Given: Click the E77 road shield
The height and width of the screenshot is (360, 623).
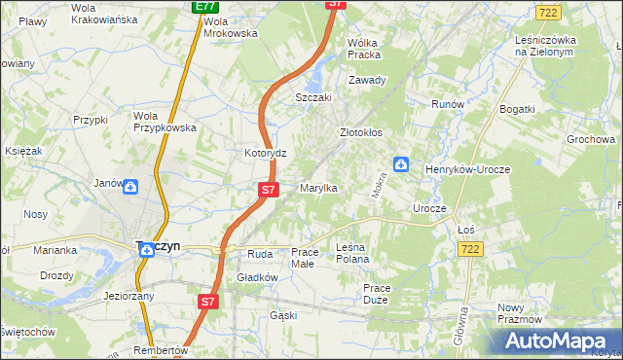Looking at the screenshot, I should [x=204, y=6].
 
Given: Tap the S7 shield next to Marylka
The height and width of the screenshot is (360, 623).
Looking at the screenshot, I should [x=269, y=189].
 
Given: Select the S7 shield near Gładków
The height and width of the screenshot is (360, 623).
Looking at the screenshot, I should [x=206, y=302].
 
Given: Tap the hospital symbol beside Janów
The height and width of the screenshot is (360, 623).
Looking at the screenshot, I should [x=130, y=185].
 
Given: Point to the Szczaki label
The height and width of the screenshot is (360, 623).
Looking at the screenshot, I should [x=314, y=98].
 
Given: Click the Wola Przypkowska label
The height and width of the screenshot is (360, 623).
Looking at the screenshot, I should [x=165, y=121].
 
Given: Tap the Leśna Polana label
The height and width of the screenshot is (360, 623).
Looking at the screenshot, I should [x=352, y=253].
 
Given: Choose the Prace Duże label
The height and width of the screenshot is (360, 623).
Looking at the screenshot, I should [x=376, y=293].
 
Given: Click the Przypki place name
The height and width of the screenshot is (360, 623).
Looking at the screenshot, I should [x=89, y=120].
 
